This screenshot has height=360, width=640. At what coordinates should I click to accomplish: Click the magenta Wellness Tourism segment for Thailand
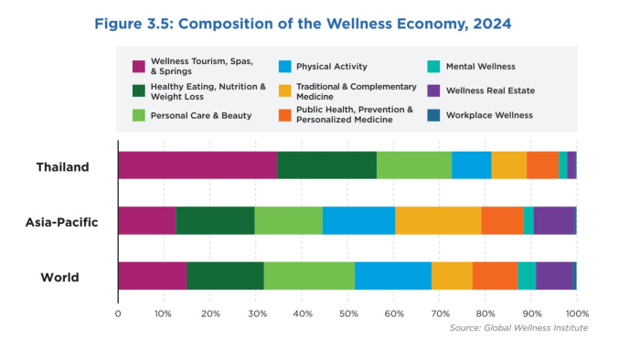pos(198,165)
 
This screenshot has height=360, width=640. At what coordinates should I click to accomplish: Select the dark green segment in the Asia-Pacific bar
pos(215,220)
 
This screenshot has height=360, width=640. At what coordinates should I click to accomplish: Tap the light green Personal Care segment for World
pos(309,276)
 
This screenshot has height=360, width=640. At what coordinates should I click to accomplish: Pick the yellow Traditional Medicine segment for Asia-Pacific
pos(438,220)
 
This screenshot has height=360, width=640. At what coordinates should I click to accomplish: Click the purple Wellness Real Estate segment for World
pos(554,276)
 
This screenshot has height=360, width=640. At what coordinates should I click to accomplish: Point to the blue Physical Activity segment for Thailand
pos(472,165)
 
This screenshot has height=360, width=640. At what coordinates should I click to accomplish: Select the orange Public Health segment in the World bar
pos(496,276)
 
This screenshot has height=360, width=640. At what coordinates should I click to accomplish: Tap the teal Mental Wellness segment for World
pos(527,276)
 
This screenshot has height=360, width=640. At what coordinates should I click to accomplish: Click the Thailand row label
pos(62,167)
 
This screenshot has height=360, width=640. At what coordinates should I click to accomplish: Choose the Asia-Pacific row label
pos(61,222)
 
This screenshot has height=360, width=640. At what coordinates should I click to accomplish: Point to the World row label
pos(59,277)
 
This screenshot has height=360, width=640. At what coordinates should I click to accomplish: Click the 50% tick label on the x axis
pos(348,314)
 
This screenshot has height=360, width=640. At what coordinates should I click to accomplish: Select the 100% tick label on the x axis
pos(577,314)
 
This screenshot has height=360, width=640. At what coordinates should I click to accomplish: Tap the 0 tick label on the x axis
pos(118,314)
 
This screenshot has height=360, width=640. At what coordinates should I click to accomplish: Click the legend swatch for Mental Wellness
pos(433,67)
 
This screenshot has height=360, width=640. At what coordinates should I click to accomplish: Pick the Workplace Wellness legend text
pos(489,115)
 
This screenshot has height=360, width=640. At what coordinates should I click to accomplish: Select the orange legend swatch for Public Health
pos(285,115)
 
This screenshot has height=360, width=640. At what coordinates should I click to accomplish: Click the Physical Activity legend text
pos(332,67)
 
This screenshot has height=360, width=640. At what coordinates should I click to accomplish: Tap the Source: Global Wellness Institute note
pos(518,328)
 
